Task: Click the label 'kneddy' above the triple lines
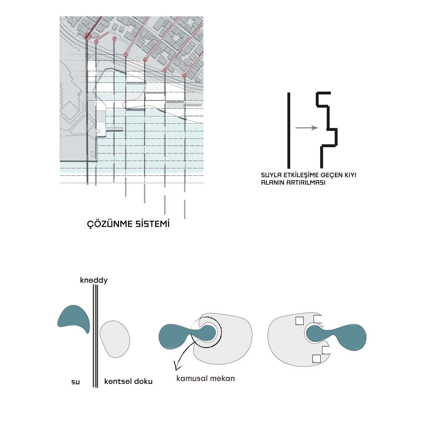tap(94, 280)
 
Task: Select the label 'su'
tap(76, 382)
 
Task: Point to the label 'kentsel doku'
tap(128, 381)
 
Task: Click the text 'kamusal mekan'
tap(206, 378)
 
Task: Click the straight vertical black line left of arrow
tap(289, 130)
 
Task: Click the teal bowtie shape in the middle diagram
tap(188, 337)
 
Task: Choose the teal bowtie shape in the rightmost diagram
tap(336, 337)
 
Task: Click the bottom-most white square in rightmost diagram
tap(316, 359)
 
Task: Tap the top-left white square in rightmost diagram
tap(299, 321)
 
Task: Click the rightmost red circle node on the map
tap(184, 76)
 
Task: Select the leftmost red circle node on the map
tap(88, 36)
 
